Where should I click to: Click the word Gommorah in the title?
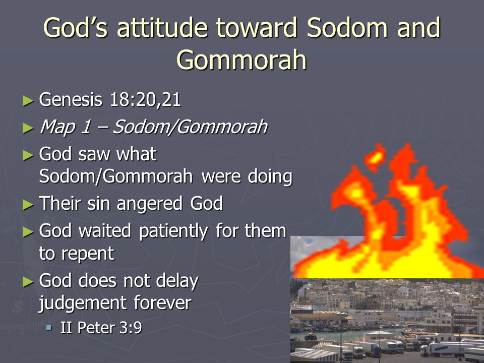[241, 60]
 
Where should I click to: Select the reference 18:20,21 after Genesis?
[145, 100]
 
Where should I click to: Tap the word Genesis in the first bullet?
[71, 100]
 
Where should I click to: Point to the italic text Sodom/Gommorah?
[190, 127]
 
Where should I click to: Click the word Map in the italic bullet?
[57, 127]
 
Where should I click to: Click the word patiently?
[173, 231]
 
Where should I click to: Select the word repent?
[88, 254]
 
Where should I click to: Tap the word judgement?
[82, 303]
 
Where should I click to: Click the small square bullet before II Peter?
[49, 327]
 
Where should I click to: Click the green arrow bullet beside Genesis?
[28, 101]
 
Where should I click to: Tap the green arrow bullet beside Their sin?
[28, 204]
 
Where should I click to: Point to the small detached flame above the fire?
[375, 157]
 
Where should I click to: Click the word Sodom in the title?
[347, 27]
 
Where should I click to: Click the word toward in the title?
[257, 27]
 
